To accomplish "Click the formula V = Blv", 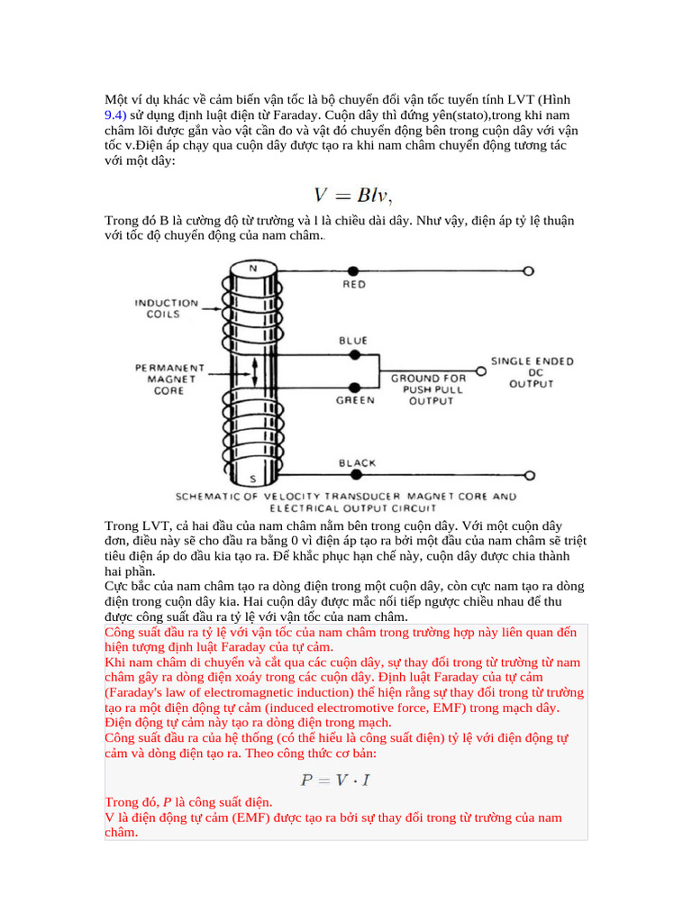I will [352, 195].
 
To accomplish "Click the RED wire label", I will [353, 284].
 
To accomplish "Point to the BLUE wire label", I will [353, 341].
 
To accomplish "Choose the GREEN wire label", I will [355, 400].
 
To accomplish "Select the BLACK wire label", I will [357, 463].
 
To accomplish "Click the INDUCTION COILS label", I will [166, 308].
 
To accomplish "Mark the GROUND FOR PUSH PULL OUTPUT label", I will [429, 389].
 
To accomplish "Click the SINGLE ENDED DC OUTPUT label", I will [532, 372].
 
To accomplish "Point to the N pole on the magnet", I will [252, 268].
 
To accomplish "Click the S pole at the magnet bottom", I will [252, 478].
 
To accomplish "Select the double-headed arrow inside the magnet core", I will [255, 369].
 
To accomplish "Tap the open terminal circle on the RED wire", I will [529, 270].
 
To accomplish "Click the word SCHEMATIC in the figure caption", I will [209, 497].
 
